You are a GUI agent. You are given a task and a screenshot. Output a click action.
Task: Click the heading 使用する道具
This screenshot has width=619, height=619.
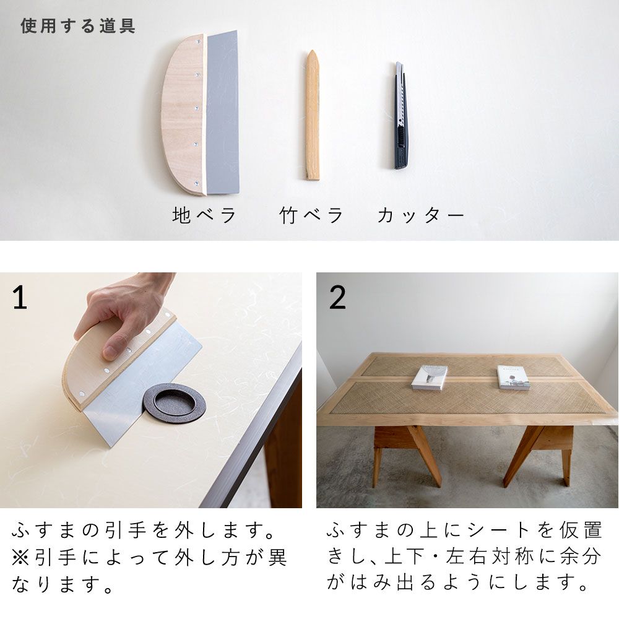click(78, 26)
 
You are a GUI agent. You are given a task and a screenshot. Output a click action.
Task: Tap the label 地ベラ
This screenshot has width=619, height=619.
click(204, 215)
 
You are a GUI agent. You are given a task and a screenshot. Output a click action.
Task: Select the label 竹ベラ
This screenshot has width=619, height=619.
click(311, 215)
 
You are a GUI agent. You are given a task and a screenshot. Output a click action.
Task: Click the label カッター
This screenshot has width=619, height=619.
click(420, 215)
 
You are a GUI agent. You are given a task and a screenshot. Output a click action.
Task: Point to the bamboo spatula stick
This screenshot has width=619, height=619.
click(313, 124)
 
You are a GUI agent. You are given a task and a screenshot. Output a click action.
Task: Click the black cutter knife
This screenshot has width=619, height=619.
click(400, 118)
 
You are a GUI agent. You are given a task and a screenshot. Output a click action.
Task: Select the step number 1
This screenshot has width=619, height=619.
click(20, 298)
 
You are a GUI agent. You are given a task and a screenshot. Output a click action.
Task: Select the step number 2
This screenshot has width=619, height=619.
click(337, 298)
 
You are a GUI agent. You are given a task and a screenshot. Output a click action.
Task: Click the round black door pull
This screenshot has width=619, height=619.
click(174, 403)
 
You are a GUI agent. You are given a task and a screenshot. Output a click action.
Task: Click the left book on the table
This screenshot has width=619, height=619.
click(430, 377)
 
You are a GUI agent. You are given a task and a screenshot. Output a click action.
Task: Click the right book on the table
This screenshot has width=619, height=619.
click(513, 377)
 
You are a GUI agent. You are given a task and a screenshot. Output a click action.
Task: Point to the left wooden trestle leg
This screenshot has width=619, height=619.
click(405, 452)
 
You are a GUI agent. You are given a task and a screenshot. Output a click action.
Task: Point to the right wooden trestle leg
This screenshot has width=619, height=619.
click(539, 452)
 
